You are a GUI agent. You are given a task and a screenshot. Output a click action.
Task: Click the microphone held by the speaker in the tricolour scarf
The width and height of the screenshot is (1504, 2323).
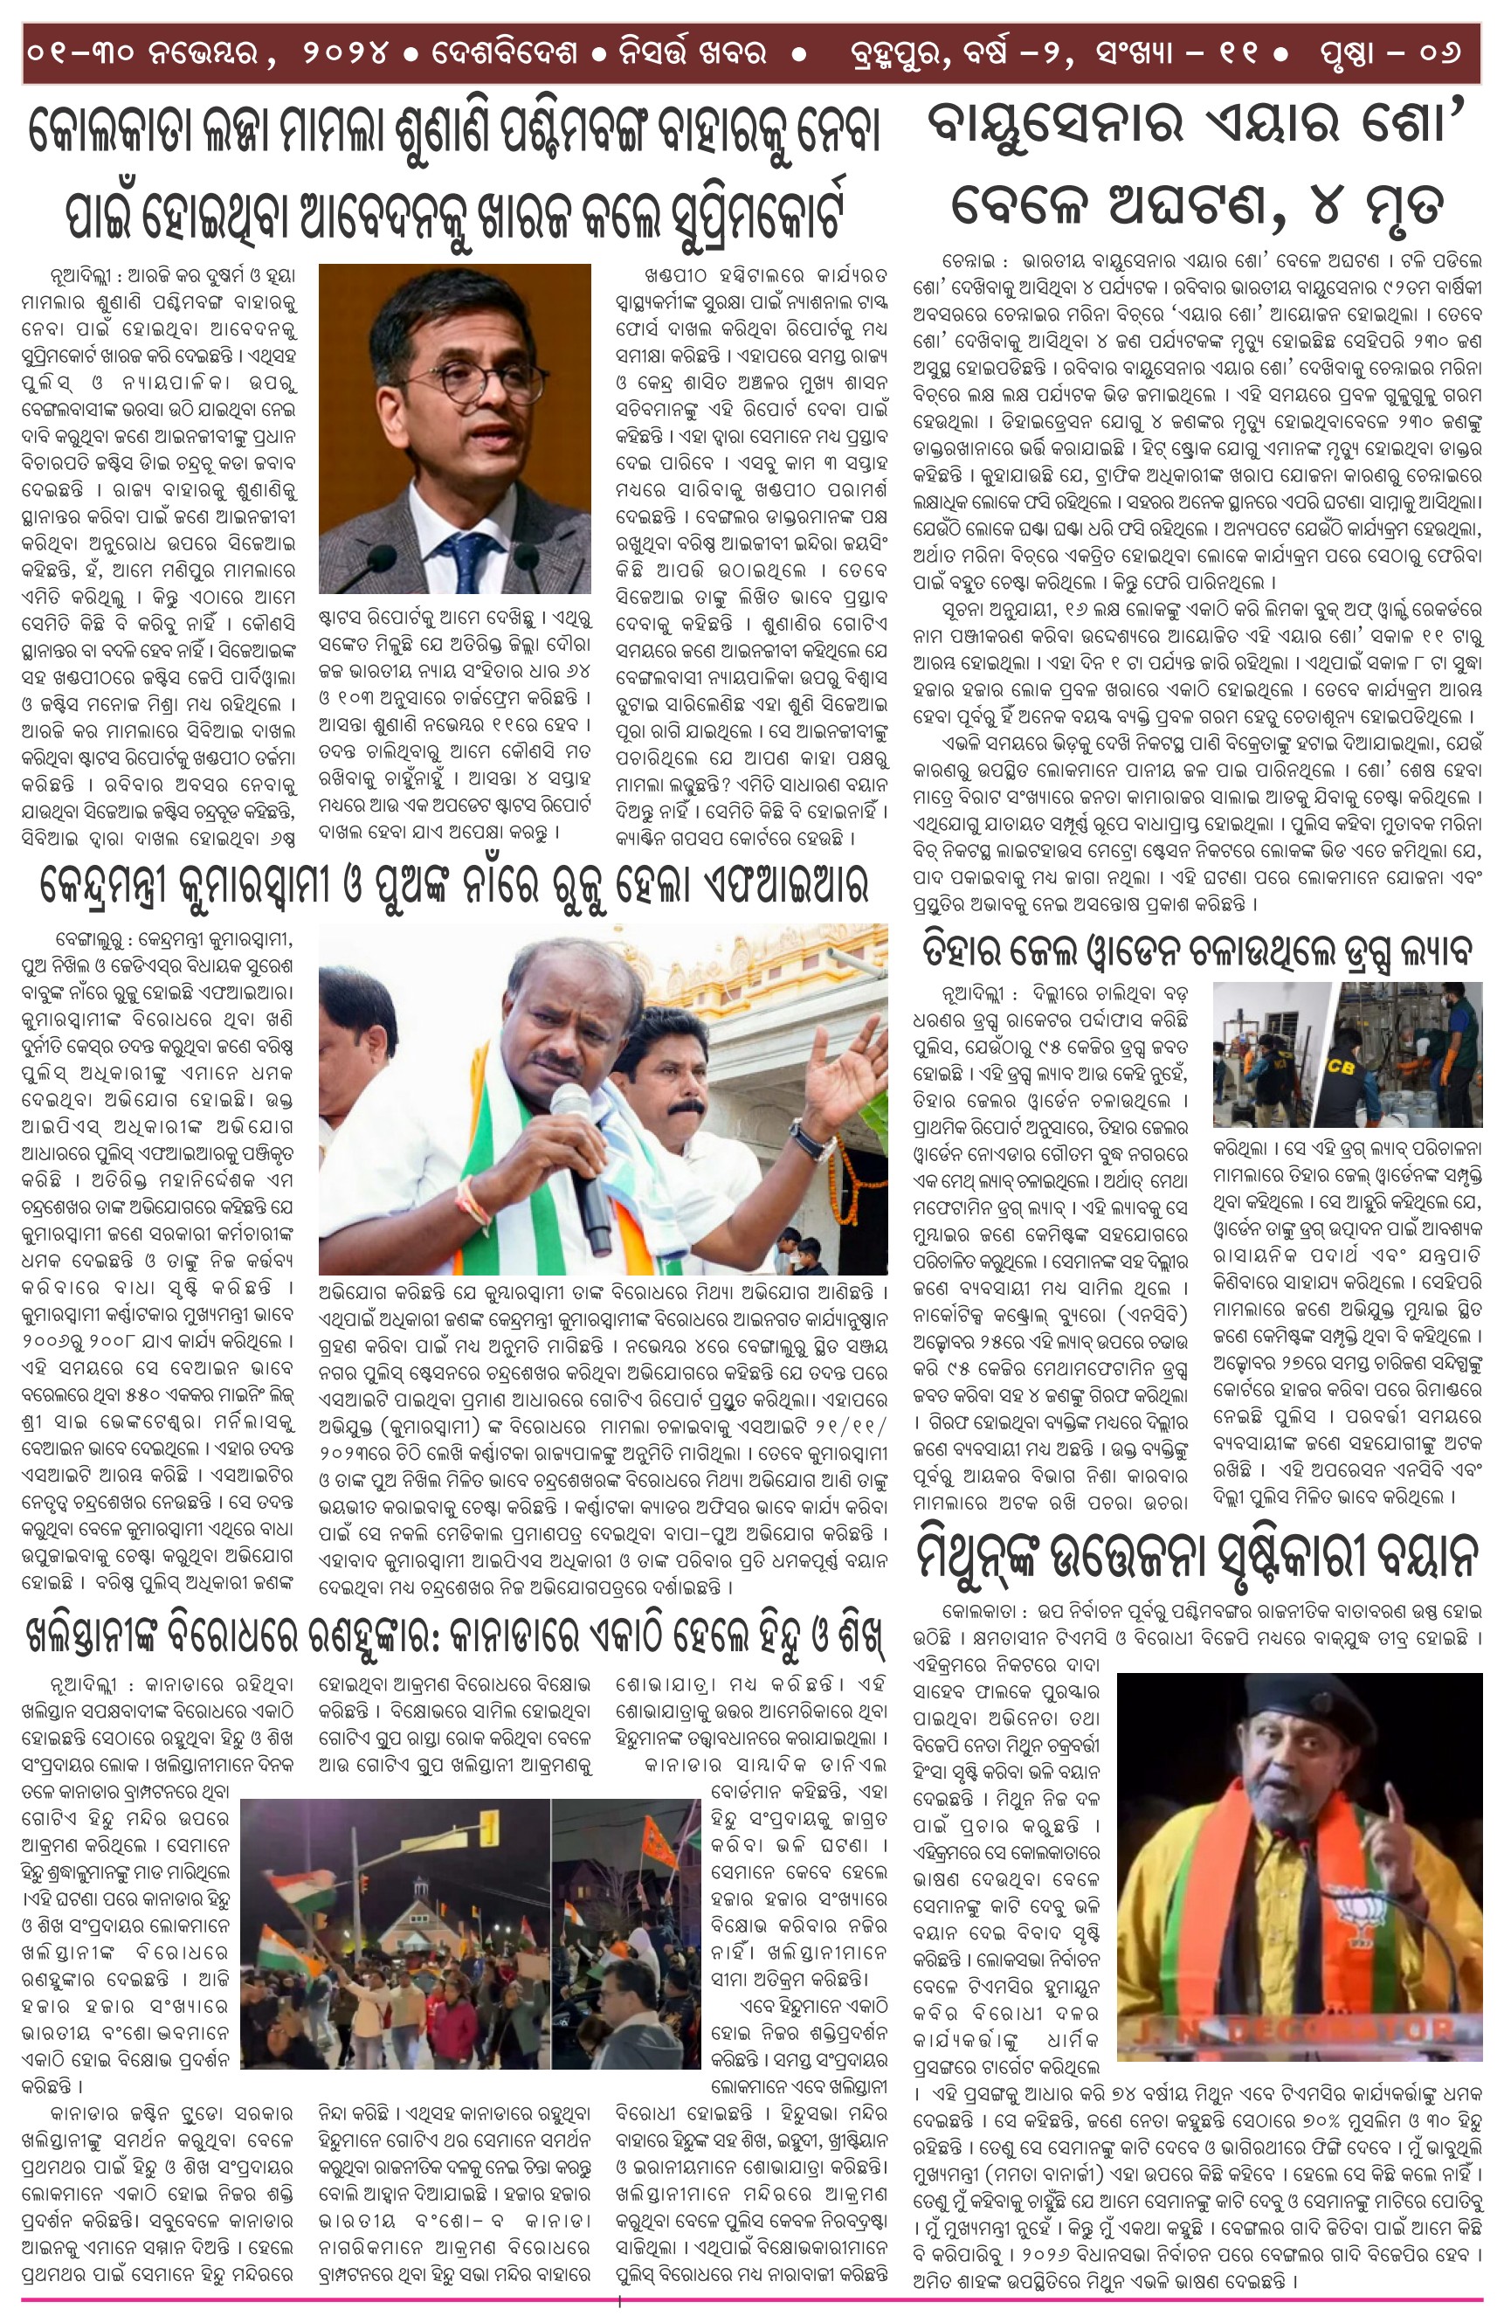click(x=584, y=1171)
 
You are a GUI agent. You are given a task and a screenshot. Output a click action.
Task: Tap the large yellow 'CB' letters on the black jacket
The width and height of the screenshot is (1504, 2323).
click(x=1341, y=1067)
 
